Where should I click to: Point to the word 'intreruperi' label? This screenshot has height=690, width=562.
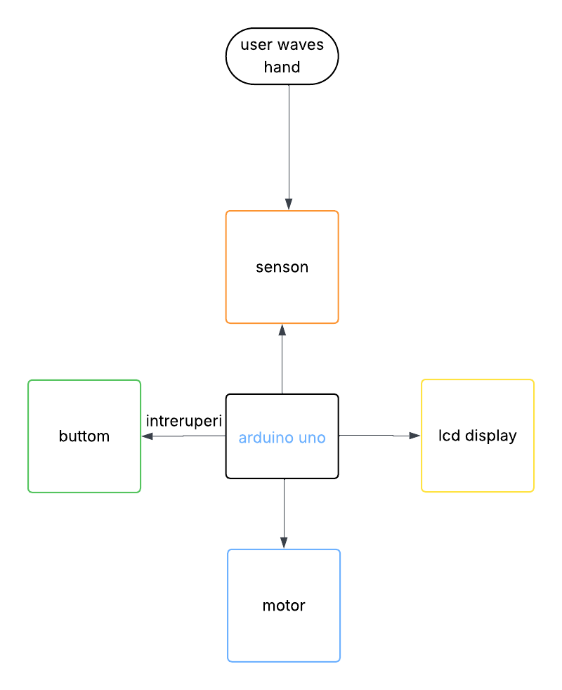184,421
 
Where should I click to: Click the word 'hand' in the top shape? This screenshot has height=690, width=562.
282,67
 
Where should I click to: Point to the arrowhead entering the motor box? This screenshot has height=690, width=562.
284,543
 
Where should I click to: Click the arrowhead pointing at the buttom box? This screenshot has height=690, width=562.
147,436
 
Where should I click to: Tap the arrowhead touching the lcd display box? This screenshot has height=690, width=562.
415,436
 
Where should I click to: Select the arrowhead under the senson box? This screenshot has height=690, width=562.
282,330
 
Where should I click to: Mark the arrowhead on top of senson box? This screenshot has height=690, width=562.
289,204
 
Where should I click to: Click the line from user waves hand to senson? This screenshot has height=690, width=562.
289,141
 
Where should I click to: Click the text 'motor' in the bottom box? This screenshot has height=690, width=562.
284,606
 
